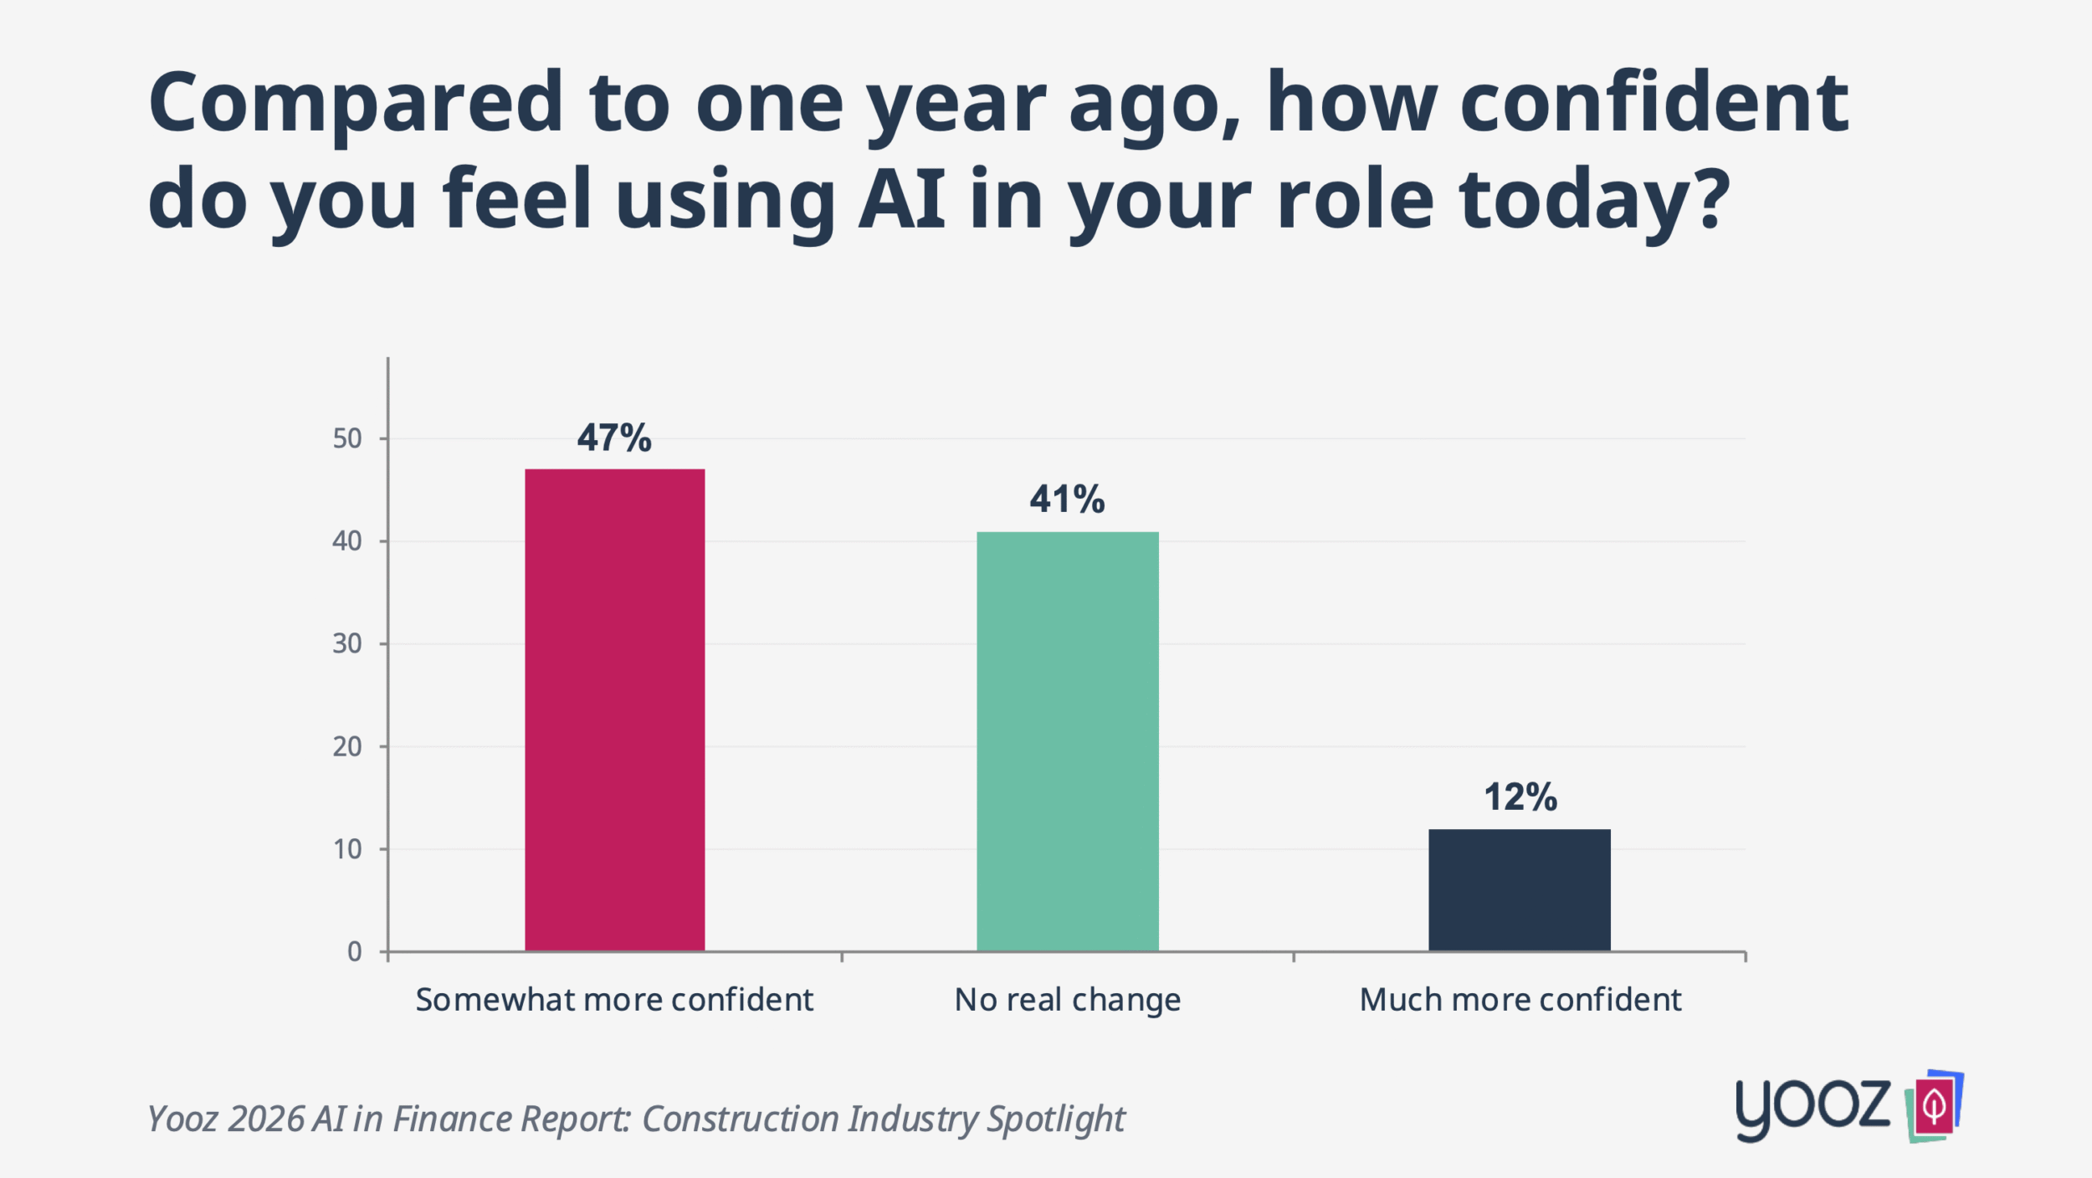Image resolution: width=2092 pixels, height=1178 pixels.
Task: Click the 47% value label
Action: (x=614, y=438)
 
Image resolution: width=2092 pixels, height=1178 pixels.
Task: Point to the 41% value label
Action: (x=1067, y=499)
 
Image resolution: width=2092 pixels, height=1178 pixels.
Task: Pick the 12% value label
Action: (x=1520, y=797)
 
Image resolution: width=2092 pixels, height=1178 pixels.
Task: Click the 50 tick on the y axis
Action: (x=347, y=438)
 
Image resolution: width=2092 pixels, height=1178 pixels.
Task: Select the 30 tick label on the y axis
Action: (x=347, y=643)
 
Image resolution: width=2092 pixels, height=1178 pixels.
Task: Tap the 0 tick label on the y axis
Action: (x=355, y=951)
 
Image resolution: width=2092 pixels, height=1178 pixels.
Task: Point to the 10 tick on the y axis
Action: (x=347, y=849)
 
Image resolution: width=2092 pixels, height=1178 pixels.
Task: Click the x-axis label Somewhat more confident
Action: (x=614, y=1000)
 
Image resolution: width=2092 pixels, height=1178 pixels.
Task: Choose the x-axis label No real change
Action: (x=1067, y=1000)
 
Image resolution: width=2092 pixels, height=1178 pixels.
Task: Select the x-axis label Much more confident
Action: (x=1520, y=1000)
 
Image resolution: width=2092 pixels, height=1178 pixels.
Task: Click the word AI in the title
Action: (x=901, y=199)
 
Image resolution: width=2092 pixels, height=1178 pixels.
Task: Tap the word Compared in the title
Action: (x=356, y=102)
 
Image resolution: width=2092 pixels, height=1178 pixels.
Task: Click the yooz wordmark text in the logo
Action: (x=1813, y=1106)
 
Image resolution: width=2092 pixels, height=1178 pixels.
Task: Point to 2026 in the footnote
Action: (x=265, y=1119)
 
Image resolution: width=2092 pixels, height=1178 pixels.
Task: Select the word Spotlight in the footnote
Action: (x=1055, y=1119)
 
